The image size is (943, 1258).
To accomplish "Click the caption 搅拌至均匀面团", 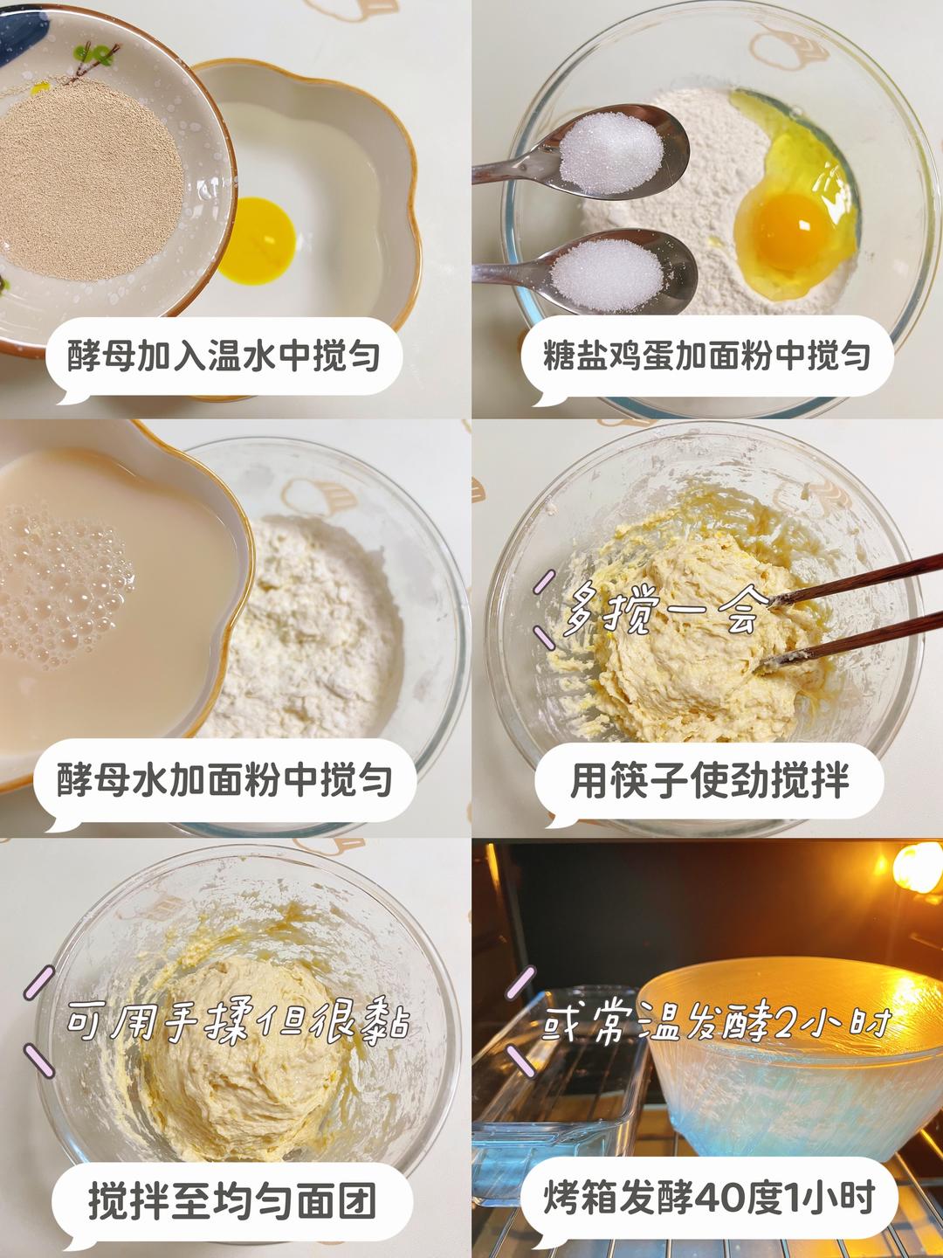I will (231, 1202).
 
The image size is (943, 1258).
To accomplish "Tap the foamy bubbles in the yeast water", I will (61, 585).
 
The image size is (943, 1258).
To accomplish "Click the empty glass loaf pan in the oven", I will (559, 1075).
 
